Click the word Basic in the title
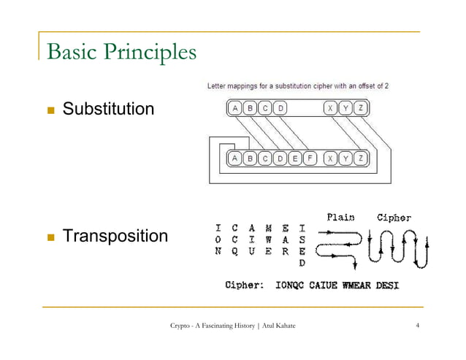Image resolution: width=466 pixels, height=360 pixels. tap(72, 53)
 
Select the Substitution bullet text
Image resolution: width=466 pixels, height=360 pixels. tap(108, 110)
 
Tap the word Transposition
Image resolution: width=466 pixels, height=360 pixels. tap(115, 236)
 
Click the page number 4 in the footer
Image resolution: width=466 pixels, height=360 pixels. tap(416, 325)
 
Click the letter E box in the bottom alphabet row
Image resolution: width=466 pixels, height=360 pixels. tap(295, 158)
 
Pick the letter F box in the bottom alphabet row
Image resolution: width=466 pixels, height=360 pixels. tap(310, 158)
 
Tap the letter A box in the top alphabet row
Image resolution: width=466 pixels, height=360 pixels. tap(235, 109)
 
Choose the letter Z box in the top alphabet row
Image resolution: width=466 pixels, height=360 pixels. tap(361, 109)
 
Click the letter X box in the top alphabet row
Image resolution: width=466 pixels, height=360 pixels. tap(331, 109)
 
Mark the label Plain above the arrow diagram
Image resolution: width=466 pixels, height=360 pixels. tap(340, 216)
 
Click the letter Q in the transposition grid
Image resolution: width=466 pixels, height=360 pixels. tap(234, 250)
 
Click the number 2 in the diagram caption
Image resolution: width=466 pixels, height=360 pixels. tap(386, 86)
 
